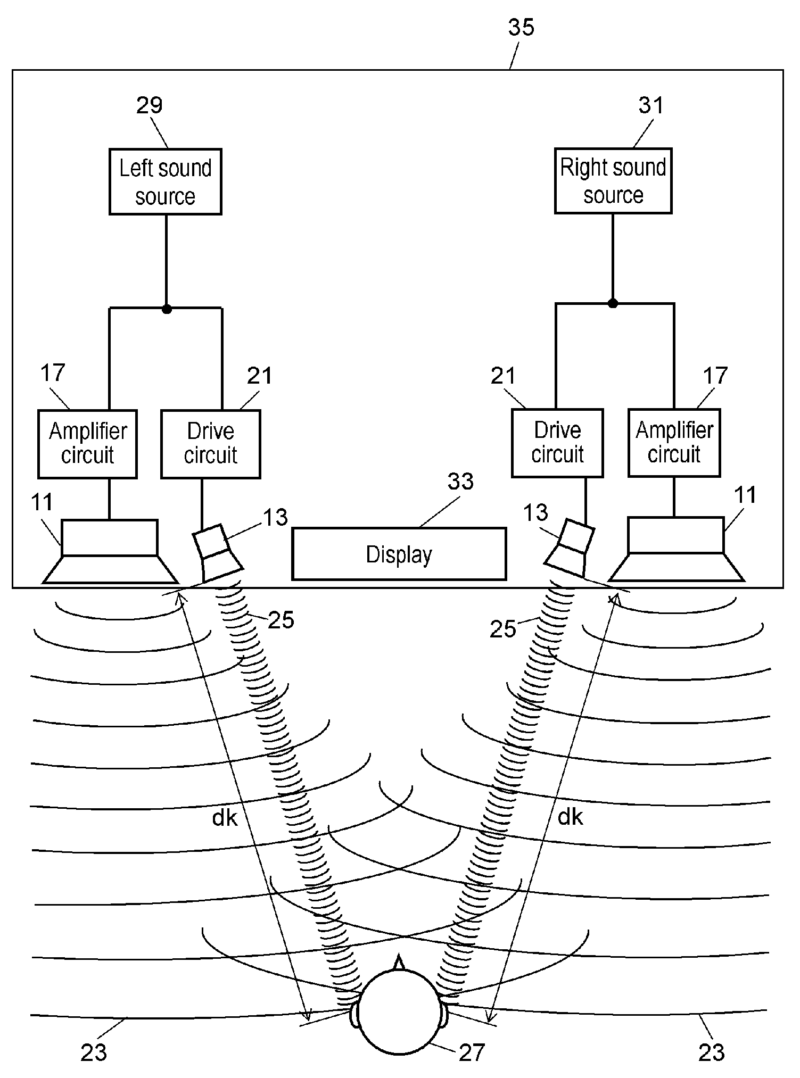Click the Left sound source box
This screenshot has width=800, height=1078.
tap(167, 183)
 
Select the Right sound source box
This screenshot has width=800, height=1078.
tap(613, 183)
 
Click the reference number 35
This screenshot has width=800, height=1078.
tap(521, 27)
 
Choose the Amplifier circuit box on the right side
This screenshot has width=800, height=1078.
tap(676, 443)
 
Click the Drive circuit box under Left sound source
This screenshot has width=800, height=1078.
tap(212, 444)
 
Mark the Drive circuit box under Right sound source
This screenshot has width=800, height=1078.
tap(558, 443)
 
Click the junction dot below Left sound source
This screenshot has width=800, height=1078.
tap(166, 309)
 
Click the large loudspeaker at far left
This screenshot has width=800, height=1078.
tap(110, 551)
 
